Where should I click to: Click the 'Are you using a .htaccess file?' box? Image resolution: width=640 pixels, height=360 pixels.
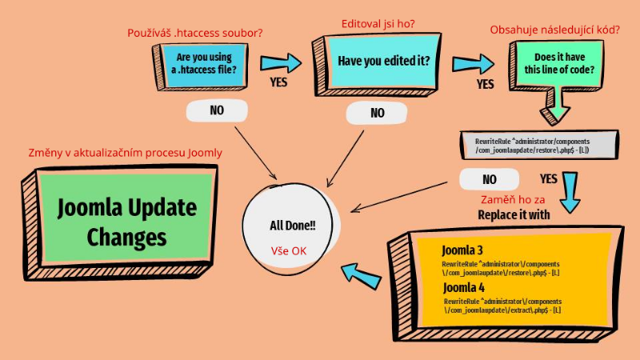tap(201, 67)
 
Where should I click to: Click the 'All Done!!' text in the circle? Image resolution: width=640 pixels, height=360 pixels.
tap(293, 226)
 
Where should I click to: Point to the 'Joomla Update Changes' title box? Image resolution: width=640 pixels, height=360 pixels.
tap(120, 222)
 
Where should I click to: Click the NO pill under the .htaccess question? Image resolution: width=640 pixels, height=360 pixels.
tap(217, 110)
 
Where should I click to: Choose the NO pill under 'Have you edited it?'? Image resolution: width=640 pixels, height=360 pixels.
tap(377, 113)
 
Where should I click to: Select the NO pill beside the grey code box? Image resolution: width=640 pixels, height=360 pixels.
tap(490, 179)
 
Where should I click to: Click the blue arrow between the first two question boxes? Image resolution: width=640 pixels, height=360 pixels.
tap(281, 63)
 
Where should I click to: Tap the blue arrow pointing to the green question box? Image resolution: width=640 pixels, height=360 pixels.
tap(473, 64)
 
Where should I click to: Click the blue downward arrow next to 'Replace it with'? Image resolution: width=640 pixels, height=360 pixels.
tap(570, 192)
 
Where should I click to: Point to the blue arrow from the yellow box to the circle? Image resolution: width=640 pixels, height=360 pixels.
tap(362, 276)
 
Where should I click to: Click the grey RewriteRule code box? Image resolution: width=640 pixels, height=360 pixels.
tap(539, 145)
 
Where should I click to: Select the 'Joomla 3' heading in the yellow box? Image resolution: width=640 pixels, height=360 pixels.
tap(462, 250)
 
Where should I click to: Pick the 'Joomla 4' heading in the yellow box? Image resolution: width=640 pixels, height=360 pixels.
tap(464, 288)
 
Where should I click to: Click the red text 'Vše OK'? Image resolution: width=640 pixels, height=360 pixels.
tap(289, 251)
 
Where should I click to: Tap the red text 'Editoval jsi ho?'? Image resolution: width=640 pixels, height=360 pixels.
tap(378, 24)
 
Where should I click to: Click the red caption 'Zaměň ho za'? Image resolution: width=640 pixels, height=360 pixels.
tap(513, 200)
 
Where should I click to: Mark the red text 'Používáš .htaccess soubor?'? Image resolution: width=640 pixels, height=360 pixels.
tap(195, 33)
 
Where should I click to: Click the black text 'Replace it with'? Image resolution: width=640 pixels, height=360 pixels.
tap(514, 215)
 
